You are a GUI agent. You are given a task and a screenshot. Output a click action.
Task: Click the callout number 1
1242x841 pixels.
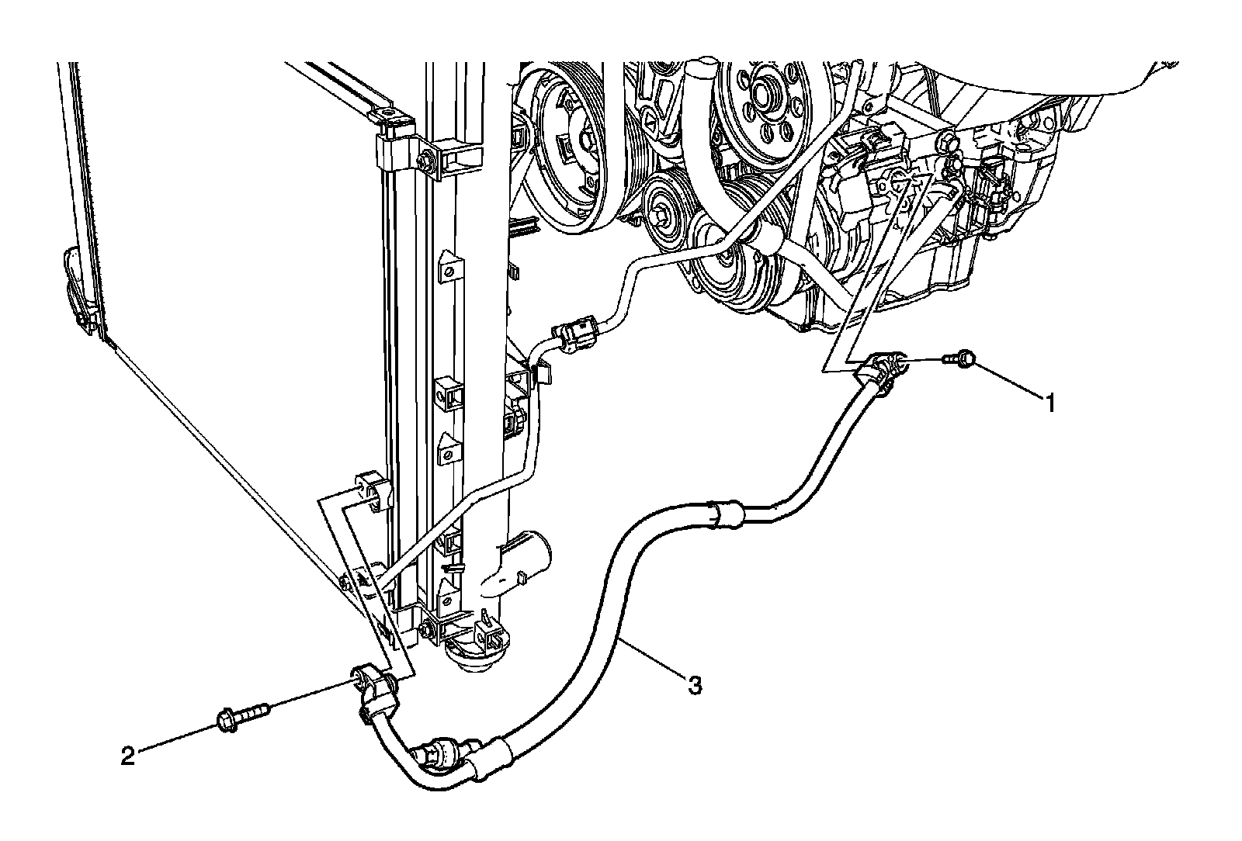click(1049, 403)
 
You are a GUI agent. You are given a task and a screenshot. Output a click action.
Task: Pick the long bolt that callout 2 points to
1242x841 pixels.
click(244, 714)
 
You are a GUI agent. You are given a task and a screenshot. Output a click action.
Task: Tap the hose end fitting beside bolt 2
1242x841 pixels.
click(375, 684)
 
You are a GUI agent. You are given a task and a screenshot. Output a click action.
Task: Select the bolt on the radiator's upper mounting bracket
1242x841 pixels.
click(426, 161)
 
